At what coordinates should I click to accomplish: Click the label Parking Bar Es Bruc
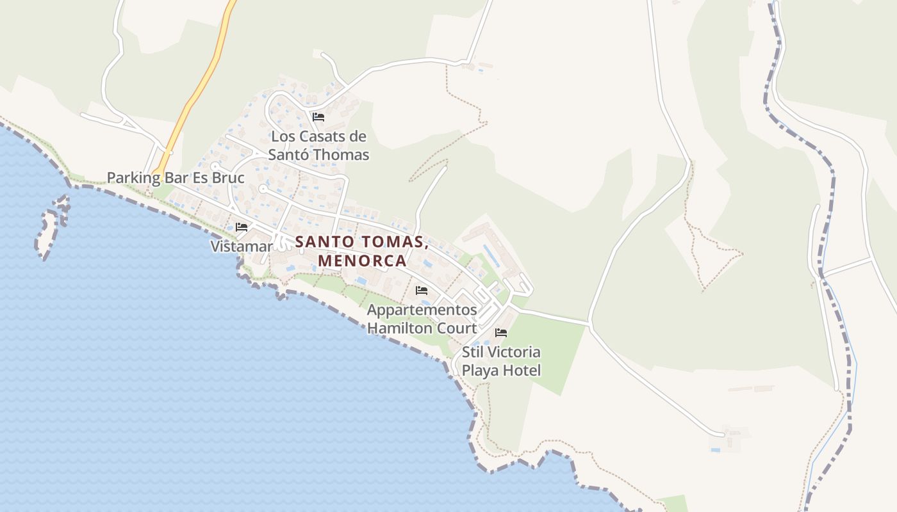tap(176, 177)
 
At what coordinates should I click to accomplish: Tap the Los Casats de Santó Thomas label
tap(318, 145)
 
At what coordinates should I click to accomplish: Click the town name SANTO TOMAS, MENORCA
tap(362, 252)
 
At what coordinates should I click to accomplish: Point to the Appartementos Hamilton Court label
tap(422, 319)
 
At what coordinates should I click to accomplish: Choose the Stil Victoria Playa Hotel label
tap(501, 361)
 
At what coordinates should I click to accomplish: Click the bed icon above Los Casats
tap(318, 117)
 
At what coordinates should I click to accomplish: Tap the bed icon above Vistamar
tap(242, 227)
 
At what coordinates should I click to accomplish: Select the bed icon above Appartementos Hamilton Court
tap(422, 291)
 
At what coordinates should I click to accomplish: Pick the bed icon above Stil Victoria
tap(501, 333)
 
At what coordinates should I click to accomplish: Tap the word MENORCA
tap(362, 261)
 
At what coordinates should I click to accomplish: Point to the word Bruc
tap(228, 177)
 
